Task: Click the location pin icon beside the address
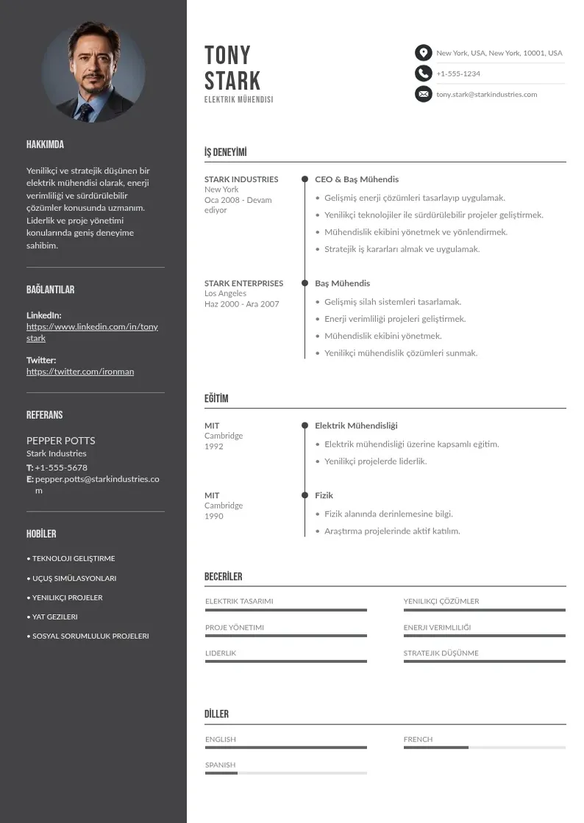point(423,53)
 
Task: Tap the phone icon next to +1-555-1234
point(423,73)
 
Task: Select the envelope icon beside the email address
point(423,94)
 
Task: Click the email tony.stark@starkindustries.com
point(486,94)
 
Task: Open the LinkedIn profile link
point(92,332)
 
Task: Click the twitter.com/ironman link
point(80,372)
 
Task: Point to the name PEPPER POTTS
point(61,441)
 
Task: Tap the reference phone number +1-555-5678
point(61,467)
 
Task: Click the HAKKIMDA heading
point(45,145)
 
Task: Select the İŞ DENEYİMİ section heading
point(226,153)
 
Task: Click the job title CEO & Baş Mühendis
point(357,179)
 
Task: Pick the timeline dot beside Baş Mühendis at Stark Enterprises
point(305,283)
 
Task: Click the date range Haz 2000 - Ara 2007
point(242,304)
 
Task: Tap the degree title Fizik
point(324,495)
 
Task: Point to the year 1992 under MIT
point(214,447)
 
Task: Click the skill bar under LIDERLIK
point(285,661)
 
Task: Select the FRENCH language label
point(418,739)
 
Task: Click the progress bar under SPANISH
point(285,773)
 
